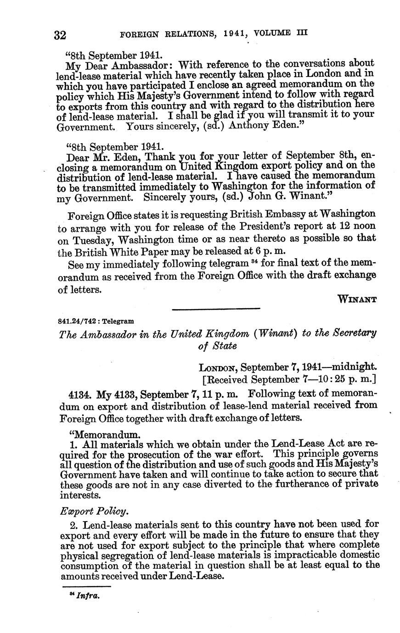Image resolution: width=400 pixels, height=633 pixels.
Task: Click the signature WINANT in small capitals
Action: pyautogui.click(x=357, y=300)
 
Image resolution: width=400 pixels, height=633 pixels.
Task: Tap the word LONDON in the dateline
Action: pyautogui.click(x=218, y=367)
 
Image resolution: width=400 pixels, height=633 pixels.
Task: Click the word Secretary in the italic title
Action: pyautogui.click(x=351, y=333)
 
